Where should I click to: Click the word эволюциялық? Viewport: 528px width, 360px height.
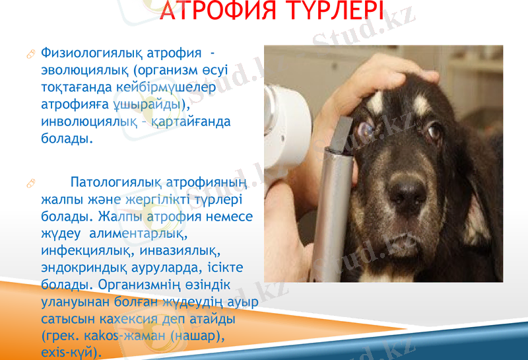85,69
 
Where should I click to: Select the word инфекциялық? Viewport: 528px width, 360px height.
84,252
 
